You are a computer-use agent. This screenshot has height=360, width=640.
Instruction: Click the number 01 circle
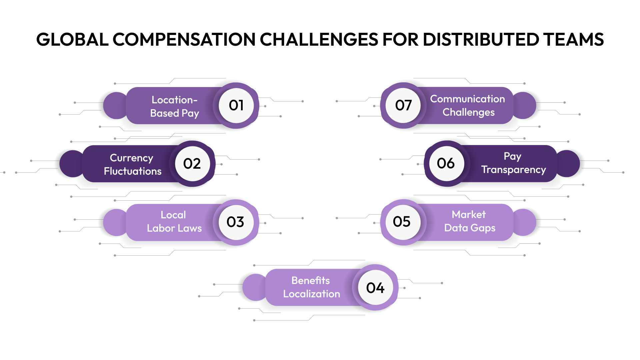point(236,105)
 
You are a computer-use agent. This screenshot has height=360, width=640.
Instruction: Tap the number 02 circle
point(192,164)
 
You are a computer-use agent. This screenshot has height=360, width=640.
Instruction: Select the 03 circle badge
point(236,222)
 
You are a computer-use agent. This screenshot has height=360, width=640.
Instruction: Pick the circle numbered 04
point(375,288)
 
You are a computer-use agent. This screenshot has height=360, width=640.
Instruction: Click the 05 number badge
point(402,222)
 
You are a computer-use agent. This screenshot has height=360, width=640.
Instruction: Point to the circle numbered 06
point(446,163)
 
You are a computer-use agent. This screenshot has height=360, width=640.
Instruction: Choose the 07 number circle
point(403,105)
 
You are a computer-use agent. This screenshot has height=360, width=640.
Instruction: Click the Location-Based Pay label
point(174,106)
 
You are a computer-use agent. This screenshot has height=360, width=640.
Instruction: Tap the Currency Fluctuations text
point(132,164)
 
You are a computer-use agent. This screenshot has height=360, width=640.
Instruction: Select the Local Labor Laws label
point(174,221)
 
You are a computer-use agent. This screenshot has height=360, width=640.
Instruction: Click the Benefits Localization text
point(311,287)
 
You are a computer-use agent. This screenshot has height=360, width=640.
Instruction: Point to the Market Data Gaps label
point(469,221)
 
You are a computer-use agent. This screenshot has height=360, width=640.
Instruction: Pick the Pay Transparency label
point(513,163)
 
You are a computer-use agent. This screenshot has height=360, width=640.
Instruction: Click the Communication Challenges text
point(468,105)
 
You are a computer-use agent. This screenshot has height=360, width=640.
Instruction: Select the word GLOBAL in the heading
point(72,40)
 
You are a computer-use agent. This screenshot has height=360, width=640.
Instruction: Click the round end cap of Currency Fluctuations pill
point(71,164)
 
